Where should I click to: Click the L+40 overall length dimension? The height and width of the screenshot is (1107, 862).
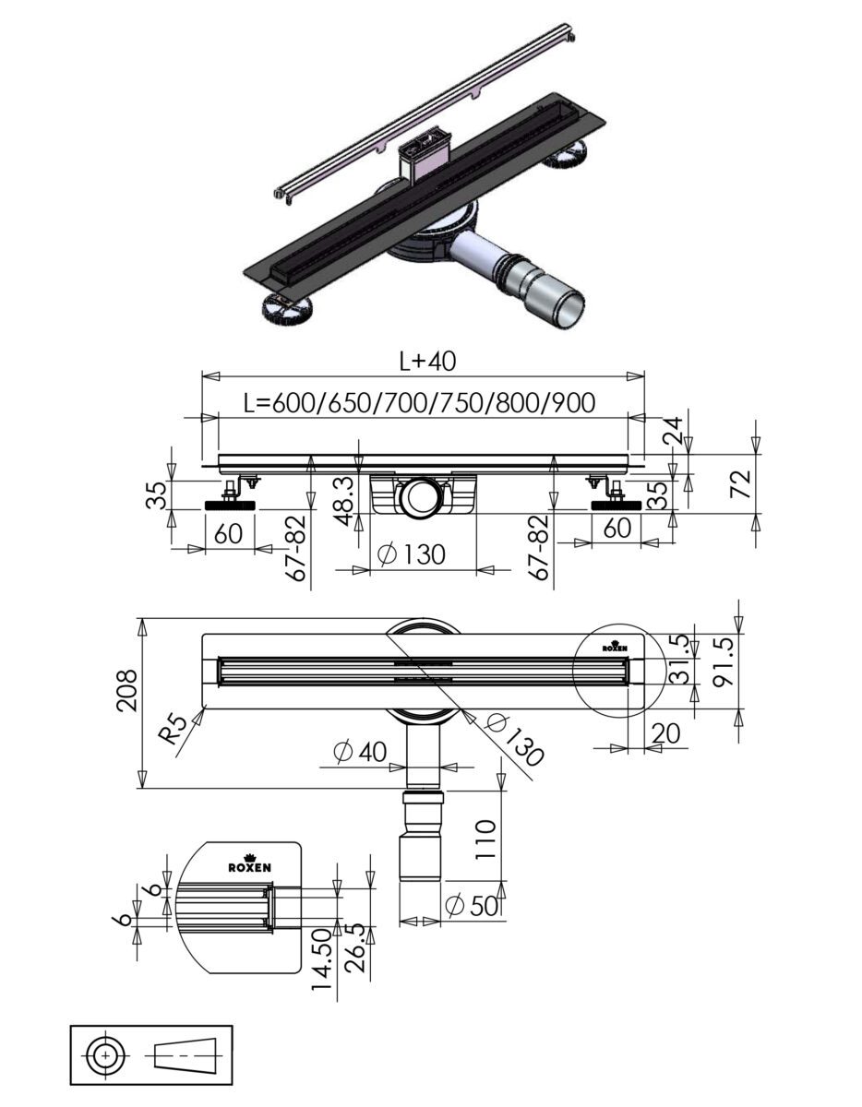coord(427,361)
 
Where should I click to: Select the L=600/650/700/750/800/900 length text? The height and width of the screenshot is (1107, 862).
coord(419,403)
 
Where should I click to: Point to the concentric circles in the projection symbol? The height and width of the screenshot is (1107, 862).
coord(106,1054)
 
